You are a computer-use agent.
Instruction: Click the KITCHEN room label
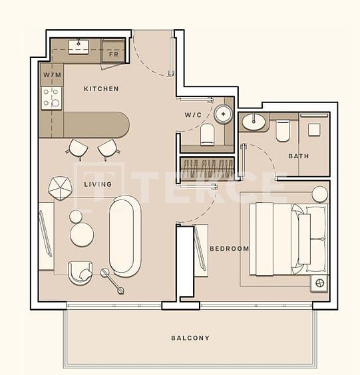(101, 88)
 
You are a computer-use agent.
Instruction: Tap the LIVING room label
(97, 184)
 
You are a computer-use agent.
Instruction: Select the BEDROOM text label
(229, 249)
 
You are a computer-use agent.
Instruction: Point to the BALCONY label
(190, 338)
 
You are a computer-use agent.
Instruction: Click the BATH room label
(298, 156)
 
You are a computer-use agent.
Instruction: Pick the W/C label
(193, 115)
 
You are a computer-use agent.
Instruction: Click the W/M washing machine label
(52, 75)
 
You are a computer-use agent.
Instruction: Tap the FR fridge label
(113, 55)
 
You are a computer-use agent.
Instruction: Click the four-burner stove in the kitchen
(52, 98)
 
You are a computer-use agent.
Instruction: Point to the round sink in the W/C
(222, 114)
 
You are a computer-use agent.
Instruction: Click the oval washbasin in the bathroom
(253, 122)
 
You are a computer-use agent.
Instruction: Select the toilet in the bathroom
(282, 130)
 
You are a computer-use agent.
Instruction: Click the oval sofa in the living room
(124, 235)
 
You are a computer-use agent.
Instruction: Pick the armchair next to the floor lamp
(80, 271)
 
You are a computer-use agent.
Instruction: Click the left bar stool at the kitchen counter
(77, 149)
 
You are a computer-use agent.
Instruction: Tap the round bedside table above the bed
(320, 194)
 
